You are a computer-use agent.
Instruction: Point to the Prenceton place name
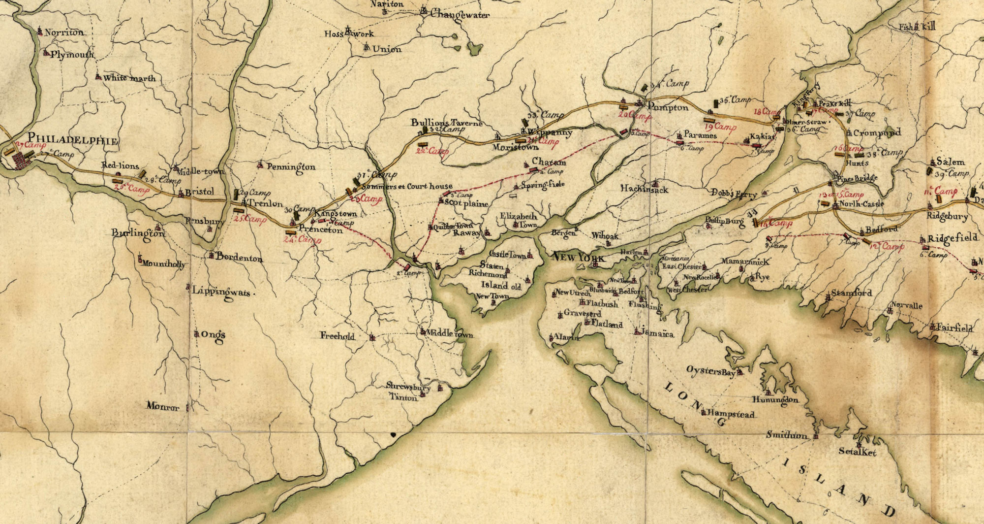pos(320,229)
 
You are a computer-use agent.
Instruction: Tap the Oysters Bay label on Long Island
pos(711,371)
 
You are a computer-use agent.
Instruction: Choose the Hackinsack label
pos(644,189)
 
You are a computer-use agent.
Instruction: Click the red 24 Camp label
pos(302,240)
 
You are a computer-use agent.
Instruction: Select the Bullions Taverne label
pos(447,123)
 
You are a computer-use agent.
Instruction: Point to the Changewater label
pos(460,15)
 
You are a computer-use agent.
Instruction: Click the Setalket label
pos(858,452)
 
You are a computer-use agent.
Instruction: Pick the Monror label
pos(163,407)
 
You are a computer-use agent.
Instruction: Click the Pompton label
pos(668,107)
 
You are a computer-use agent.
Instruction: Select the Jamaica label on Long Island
pos(657,334)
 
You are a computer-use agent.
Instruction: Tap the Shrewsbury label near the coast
pos(408,387)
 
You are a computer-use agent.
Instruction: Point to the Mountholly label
pos(163,264)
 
